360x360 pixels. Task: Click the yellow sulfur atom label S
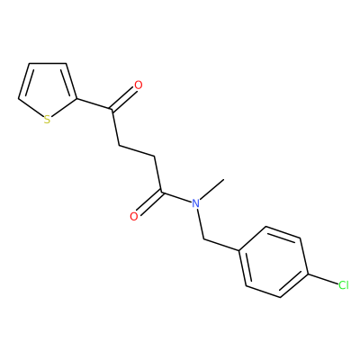pos(47,120)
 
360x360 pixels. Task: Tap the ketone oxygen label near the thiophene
pos(139,85)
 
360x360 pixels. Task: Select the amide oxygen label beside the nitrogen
pos(134,216)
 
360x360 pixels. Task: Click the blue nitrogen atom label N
pos(195,203)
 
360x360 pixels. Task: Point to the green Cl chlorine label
pos(344,285)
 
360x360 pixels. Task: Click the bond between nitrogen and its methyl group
pos(212,189)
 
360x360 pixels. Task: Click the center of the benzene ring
pos(274,262)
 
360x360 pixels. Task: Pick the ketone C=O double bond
pos(122,98)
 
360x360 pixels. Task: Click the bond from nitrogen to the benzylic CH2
pos(200,224)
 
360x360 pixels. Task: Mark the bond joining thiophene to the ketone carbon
pos(95,103)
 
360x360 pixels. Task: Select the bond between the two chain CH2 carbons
pos(137,151)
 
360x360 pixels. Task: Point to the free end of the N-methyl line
pos(224,179)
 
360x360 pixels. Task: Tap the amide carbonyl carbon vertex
pos(161,192)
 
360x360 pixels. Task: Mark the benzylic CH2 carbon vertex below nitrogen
pos(204,239)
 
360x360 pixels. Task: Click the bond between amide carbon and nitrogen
pos(176,197)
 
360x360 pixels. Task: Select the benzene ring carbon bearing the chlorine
pos(307,274)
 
